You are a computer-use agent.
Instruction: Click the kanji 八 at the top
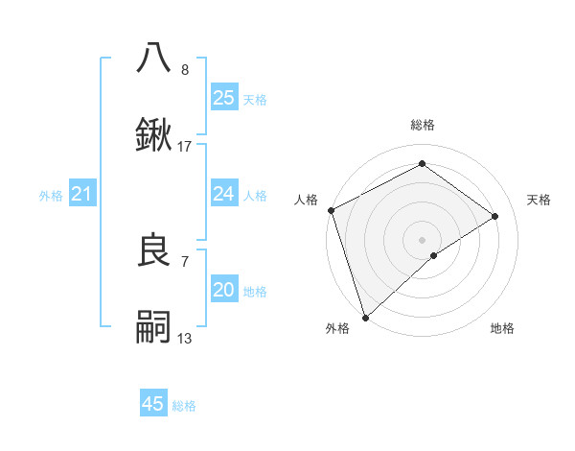click(x=154, y=58)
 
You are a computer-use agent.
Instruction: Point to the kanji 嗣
click(x=154, y=326)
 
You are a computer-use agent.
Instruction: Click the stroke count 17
click(x=185, y=147)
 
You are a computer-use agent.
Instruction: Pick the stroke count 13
click(x=185, y=338)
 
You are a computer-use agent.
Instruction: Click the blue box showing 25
click(x=224, y=98)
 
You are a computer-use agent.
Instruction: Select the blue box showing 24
click(x=224, y=194)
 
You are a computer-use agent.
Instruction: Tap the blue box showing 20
click(x=224, y=290)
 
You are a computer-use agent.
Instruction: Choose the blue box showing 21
click(x=82, y=195)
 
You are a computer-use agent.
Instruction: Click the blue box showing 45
click(x=153, y=404)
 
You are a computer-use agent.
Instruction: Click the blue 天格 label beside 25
click(x=254, y=99)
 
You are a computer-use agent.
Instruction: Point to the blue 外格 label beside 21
click(x=51, y=196)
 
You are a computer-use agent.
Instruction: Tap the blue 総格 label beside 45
click(x=184, y=406)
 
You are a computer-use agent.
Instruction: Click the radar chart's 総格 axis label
click(x=422, y=125)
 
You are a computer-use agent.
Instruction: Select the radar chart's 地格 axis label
click(x=502, y=328)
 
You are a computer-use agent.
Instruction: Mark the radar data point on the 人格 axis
click(x=331, y=210)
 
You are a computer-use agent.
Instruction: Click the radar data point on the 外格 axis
click(x=365, y=317)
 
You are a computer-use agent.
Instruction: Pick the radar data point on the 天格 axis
click(x=495, y=216)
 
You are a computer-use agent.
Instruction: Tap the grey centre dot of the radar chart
click(x=422, y=239)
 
